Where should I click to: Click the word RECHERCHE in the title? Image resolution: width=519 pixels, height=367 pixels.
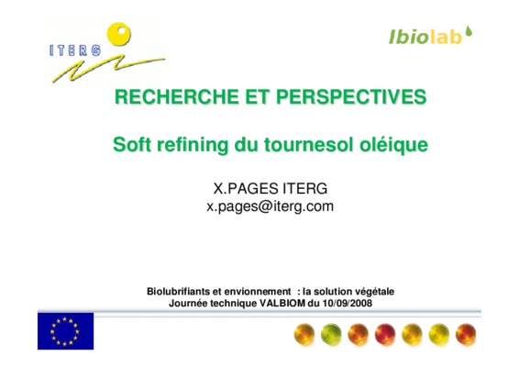coord(176,96)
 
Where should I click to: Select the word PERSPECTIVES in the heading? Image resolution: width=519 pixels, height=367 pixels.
coord(351,96)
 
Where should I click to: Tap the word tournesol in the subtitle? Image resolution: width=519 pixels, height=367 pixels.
coord(308,145)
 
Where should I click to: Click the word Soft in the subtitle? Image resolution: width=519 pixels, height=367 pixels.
coord(132,145)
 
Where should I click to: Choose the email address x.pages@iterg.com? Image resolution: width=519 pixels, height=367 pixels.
coord(271,206)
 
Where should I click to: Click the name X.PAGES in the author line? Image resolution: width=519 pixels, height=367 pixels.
coord(246,188)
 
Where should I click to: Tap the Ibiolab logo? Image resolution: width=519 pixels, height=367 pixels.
coord(430,35)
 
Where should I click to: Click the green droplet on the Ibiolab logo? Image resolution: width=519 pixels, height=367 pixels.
coord(469,30)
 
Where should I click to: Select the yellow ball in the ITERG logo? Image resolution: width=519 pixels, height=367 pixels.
coord(119,34)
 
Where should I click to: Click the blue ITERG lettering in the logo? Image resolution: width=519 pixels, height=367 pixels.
coord(75,50)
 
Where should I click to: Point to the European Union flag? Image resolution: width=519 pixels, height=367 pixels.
coord(65,331)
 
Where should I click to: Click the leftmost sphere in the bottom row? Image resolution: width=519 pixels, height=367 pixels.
coord(304,335)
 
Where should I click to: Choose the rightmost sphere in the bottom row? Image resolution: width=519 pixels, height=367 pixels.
coord(466,335)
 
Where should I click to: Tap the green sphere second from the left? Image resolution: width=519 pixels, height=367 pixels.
coord(331,335)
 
